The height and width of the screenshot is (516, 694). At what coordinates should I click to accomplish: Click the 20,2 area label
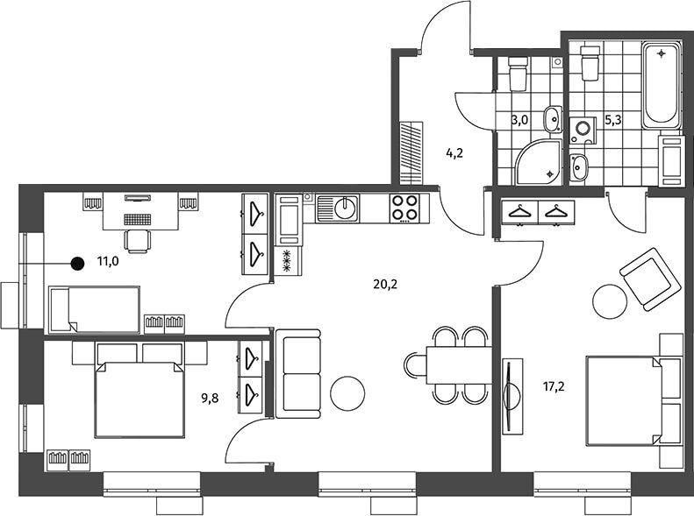[385, 285]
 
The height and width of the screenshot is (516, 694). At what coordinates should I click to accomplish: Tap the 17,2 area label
[554, 387]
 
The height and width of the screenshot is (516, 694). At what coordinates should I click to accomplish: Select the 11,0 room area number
[108, 262]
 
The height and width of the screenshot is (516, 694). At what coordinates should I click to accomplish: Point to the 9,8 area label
[210, 399]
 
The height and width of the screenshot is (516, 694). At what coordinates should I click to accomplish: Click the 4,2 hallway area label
[454, 153]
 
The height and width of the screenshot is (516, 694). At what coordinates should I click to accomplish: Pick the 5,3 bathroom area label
[613, 120]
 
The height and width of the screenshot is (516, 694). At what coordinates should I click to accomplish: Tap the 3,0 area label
[520, 120]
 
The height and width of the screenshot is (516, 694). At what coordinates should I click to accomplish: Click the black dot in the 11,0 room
[78, 264]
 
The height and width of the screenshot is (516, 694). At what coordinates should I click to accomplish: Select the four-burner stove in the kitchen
[404, 209]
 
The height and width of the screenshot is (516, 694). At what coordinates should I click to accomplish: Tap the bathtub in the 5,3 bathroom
[662, 85]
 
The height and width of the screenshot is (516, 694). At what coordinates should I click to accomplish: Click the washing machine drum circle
[583, 128]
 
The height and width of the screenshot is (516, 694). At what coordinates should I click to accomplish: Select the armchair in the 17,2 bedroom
[649, 279]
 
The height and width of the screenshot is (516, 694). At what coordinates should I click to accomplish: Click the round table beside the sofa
[347, 393]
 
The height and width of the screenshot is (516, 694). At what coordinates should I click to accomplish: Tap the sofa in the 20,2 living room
[298, 374]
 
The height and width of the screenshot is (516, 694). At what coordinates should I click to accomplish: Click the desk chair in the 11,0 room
[138, 241]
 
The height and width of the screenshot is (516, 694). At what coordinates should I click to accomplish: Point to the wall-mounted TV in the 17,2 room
[512, 396]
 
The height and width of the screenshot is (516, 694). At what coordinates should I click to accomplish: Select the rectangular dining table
[460, 366]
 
